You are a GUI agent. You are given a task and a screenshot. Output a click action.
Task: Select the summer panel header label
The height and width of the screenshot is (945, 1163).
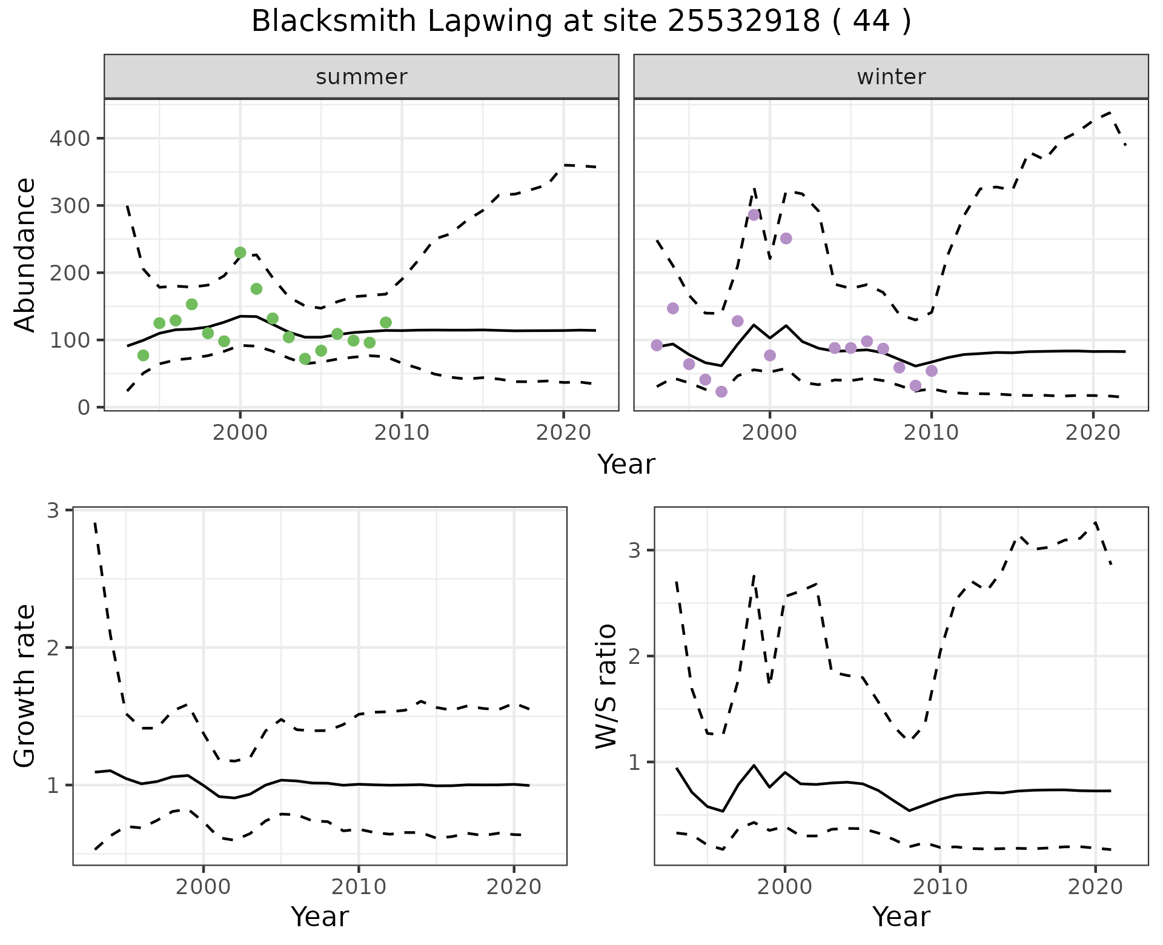(362, 77)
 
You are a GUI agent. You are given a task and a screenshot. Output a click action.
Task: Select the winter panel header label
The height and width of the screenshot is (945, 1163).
(891, 77)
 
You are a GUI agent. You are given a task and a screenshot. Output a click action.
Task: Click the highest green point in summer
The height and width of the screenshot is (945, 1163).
(240, 253)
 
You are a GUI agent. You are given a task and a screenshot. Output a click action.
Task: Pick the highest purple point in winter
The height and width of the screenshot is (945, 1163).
(754, 215)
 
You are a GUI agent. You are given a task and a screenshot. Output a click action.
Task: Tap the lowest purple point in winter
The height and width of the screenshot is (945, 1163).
(721, 392)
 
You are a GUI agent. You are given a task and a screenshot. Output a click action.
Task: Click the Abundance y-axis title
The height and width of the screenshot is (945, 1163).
(25, 255)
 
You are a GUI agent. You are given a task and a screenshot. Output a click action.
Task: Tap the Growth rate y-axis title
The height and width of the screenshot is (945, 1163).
(25, 686)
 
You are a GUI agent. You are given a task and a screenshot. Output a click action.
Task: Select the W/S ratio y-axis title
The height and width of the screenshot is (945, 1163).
(606, 686)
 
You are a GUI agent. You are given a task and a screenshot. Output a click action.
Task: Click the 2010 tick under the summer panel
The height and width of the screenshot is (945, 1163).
(402, 433)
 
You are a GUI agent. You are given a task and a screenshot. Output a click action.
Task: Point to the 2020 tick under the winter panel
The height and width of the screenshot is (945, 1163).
(1093, 433)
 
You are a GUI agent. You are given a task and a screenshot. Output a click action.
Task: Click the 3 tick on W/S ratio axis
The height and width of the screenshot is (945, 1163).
(634, 551)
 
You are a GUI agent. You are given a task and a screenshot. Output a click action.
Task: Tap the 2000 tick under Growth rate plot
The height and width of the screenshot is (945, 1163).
(204, 887)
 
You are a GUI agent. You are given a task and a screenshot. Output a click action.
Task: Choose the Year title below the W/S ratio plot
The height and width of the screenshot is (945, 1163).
(901, 917)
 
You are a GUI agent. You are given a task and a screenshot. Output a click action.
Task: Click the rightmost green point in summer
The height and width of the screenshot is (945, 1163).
(386, 322)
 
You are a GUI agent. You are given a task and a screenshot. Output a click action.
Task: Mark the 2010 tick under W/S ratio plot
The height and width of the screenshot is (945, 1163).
(940, 887)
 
